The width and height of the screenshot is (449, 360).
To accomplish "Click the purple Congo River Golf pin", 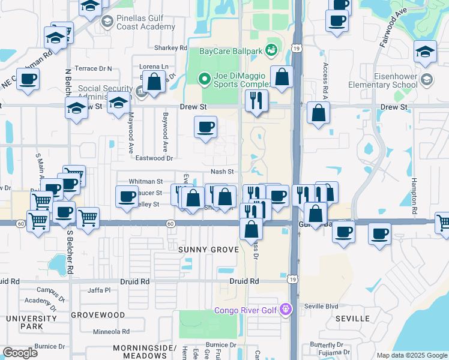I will click(286, 310).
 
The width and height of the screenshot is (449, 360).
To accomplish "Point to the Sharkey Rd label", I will click(171, 48).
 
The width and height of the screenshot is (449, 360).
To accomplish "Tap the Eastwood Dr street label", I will click(154, 158).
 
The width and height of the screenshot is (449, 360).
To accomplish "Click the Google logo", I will click(20, 352).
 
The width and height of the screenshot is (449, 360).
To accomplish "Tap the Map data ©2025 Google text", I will click(411, 355).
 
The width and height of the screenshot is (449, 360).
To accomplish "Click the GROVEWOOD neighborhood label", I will click(98, 314).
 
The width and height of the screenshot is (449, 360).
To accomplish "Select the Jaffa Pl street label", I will click(99, 290).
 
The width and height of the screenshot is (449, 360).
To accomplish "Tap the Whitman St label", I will click(146, 181).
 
